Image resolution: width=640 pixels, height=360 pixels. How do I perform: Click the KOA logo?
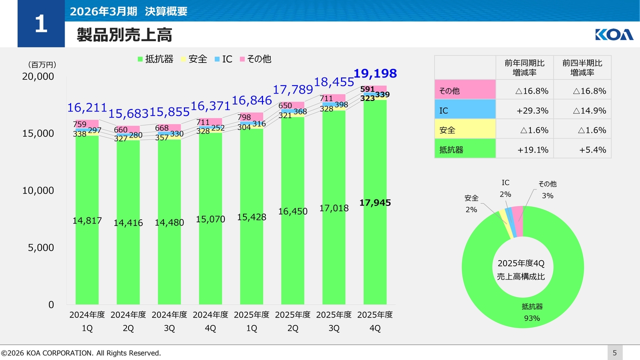click(x=614, y=34)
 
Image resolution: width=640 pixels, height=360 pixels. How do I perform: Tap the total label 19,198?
click(x=375, y=73)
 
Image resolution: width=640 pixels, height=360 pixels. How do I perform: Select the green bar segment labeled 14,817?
click(x=87, y=220)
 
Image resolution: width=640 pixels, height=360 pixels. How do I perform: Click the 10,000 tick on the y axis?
click(x=38, y=190)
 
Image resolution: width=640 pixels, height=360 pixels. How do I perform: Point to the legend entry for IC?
click(x=223, y=59)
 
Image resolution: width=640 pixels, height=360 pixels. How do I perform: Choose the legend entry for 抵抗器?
click(x=155, y=59)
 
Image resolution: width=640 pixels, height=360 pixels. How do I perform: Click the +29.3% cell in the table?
click(x=524, y=110)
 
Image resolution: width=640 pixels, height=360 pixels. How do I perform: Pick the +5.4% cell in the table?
click(x=582, y=149)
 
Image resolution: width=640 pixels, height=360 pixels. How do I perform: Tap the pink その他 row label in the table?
click(x=465, y=90)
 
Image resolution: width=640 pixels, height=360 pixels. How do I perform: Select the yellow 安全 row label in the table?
click(x=465, y=129)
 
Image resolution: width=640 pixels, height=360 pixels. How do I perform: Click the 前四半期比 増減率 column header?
click(x=582, y=67)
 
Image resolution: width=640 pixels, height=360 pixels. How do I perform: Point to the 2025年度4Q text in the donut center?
click(x=521, y=263)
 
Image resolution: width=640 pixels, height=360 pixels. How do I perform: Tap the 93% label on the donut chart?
click(x=532, y=318)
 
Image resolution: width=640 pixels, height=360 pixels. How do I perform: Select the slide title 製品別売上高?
click(x=124, y=35)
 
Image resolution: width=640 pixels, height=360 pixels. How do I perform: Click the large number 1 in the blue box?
click(x=41, y=23)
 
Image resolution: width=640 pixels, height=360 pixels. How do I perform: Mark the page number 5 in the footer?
click(x=614, y=353)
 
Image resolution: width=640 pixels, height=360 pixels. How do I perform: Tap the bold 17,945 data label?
click(x=375, y=202)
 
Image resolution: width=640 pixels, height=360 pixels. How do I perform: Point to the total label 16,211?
click(x=87, y=107)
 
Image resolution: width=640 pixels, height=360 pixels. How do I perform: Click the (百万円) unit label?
click(x=42, y=65)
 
